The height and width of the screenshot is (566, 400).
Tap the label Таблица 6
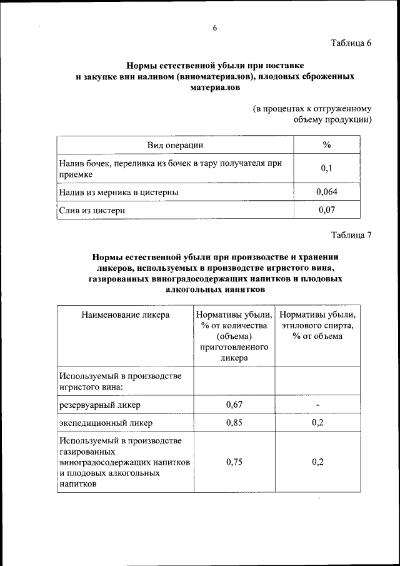[351, 43]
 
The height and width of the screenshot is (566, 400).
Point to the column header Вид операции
[175, 145]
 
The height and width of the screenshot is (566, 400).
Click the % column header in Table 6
[326, 145]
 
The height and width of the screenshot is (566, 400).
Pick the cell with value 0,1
[326, 169]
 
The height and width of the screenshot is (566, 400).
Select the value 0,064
[327, 192]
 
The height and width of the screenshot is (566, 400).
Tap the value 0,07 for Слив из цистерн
[326, 210]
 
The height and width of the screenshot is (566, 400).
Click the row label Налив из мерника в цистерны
[119, 193]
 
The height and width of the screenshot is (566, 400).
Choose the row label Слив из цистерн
[92, 211]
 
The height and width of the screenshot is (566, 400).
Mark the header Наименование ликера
[126, 315]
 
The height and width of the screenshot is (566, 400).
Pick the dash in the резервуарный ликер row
[317, 405]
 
